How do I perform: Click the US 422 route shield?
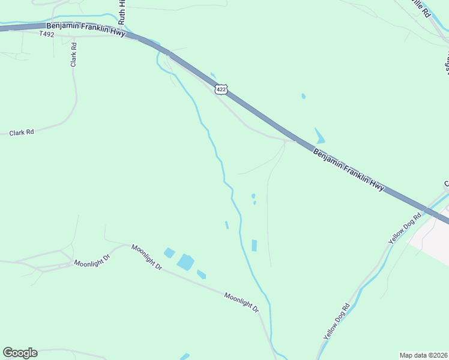pos(222,89)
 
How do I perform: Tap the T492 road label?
pos(47,34)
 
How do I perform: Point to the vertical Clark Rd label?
pos(74,55)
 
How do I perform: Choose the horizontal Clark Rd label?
pos(22,132)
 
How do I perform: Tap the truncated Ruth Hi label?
pos(122,12)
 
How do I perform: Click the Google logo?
pos(20,353)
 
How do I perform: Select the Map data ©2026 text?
pos(423,355)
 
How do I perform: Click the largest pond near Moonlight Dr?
pos(185,262)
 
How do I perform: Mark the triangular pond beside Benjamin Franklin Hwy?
pos(319,136)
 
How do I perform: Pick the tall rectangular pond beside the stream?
pos(254,245)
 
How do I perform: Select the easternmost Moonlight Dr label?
pos(241,302)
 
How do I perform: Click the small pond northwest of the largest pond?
pos(169,253)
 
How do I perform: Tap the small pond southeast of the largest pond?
pos(201,275)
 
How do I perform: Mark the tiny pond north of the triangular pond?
pos(303,96)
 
